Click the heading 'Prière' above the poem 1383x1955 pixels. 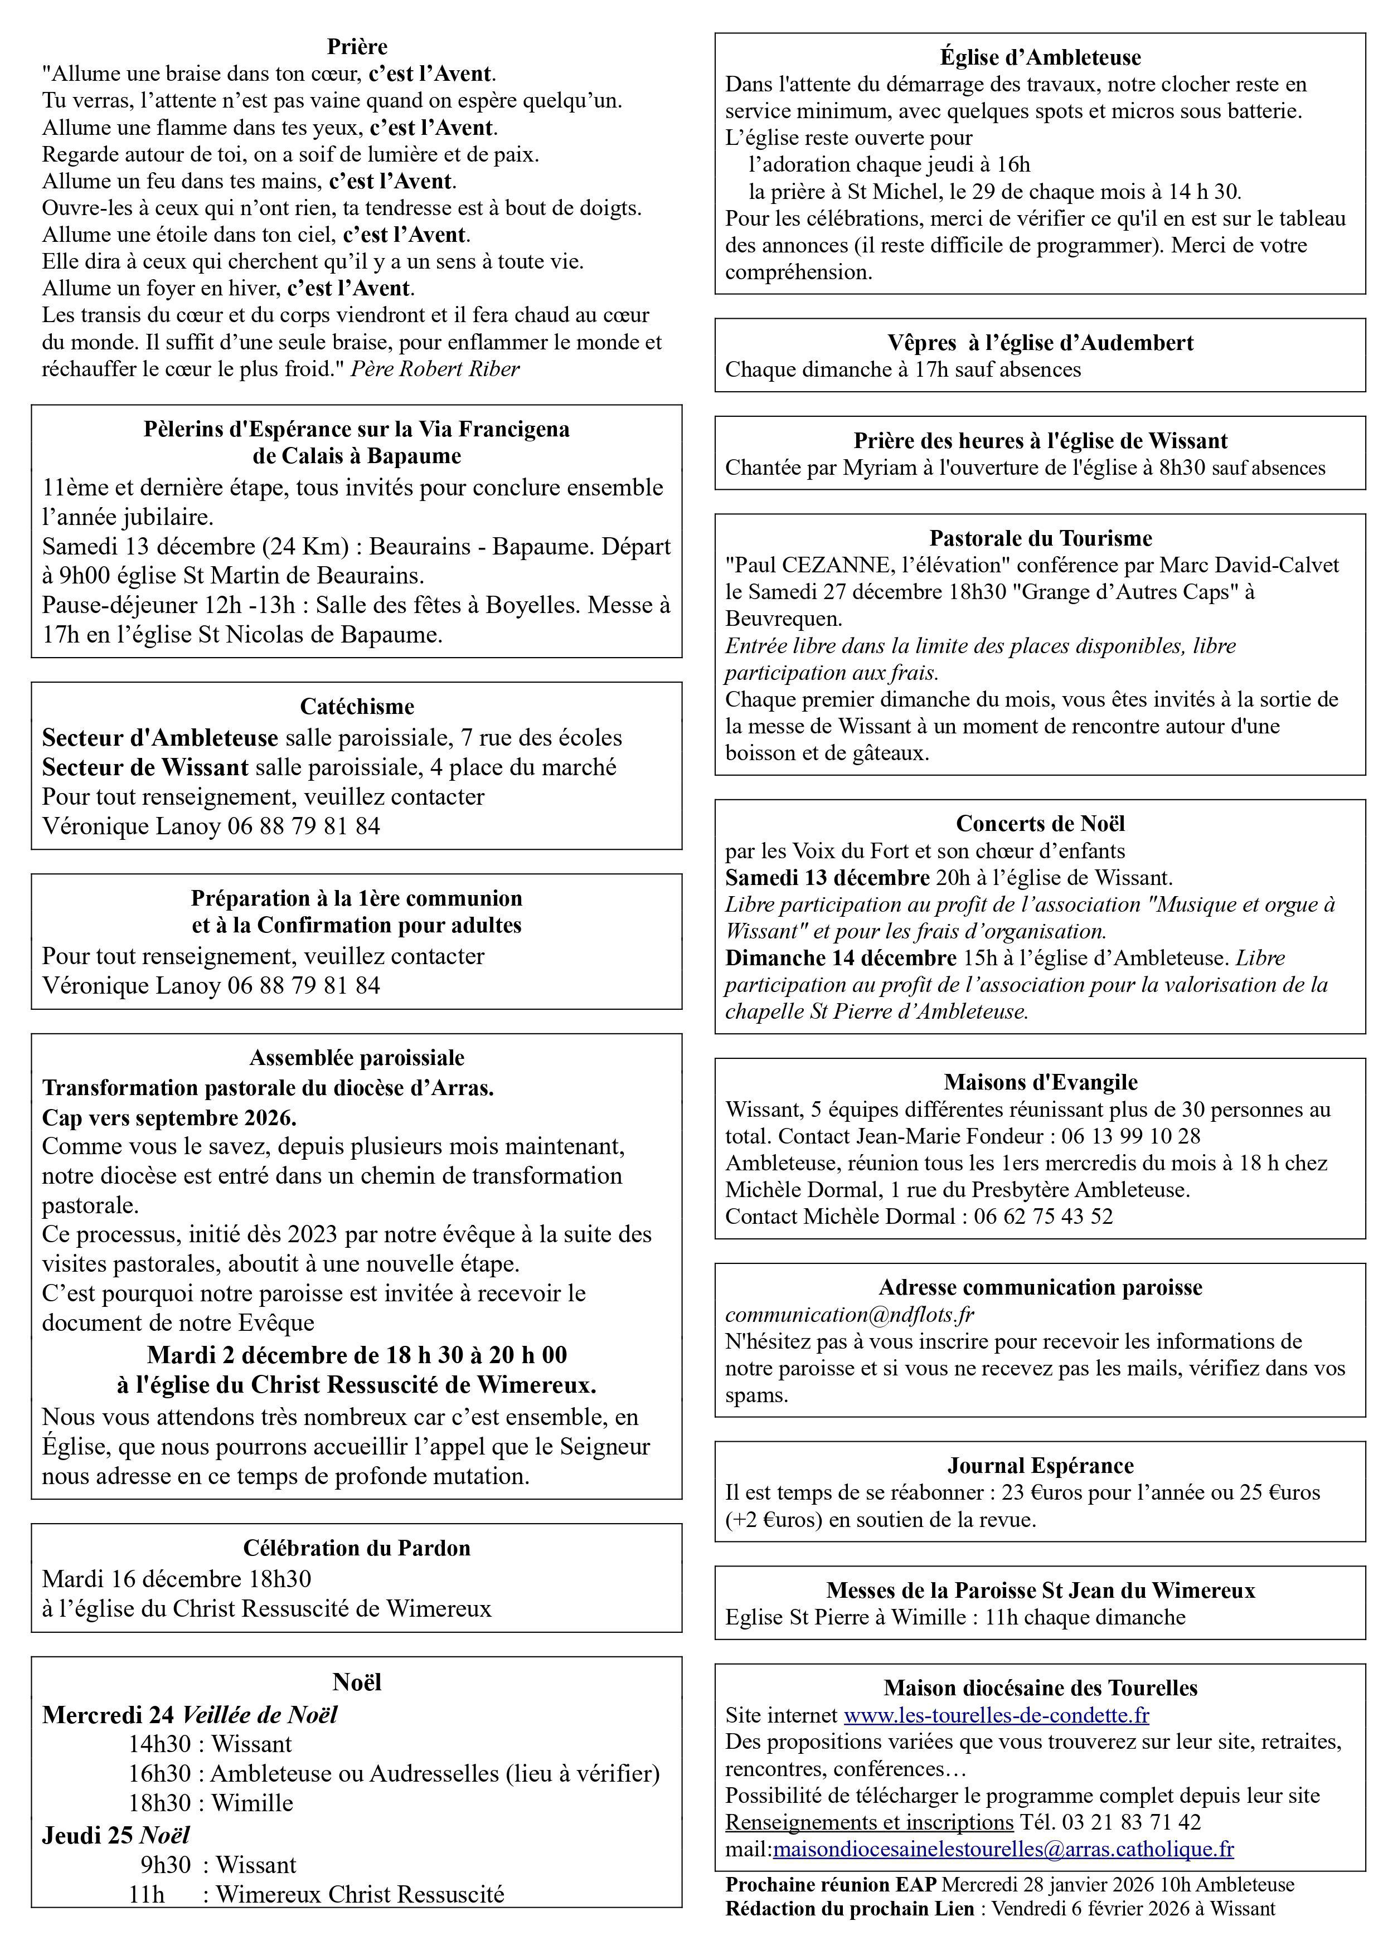click(357, 47)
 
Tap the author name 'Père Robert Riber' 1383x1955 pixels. click(435, 369)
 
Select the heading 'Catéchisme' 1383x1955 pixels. click(357, 707)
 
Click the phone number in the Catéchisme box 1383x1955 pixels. click(303, 826)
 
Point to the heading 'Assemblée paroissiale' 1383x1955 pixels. click(357, 1058)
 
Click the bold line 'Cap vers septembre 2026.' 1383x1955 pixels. click(169, 1117)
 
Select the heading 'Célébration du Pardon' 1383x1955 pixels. click(357, 1548)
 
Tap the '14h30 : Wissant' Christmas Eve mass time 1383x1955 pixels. click(210, 1744)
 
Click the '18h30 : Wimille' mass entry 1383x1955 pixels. click(210, 1803)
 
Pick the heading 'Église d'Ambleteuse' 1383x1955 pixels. click(1040, 57)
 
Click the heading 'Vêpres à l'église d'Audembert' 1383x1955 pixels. click(1040, 342)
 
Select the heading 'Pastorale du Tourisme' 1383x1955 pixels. click(1040, 538)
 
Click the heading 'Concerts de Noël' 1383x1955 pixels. click(1040, 823)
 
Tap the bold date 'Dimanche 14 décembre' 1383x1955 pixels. click(841, 958)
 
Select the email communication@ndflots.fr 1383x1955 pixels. click(849, 1315)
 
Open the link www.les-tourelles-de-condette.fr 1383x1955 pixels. click(996, 1714)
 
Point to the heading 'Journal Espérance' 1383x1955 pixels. click(1040, 1465)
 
